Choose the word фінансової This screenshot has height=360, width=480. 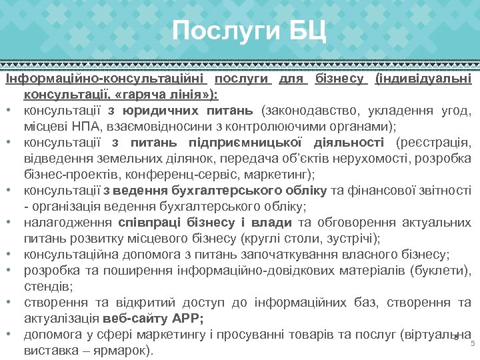coord(377,190)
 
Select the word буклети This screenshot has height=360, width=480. coord(441,270)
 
